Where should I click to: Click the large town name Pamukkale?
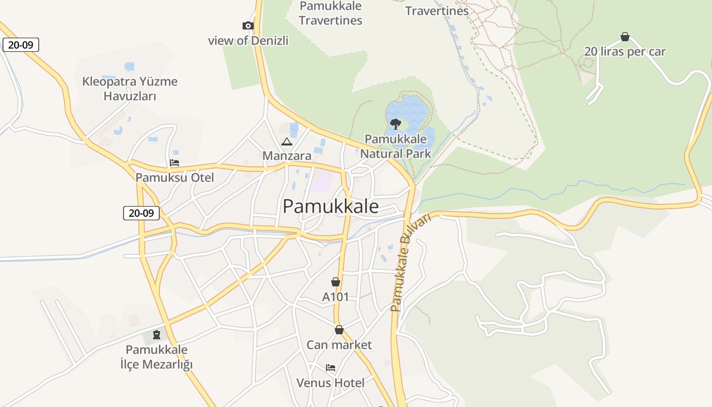pyautogui.click(x=331, y=206)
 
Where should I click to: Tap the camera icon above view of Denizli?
pyautogui.click(x=248, y=26)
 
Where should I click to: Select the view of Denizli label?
pyautogui.click(x=248, y=41)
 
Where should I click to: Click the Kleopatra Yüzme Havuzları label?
pyautogui.click(x=130, y=89)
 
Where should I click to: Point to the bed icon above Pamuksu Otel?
pyautogui.click(x=174, y=163)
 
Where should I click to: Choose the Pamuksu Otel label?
pyautogui.click(x=174, y=178)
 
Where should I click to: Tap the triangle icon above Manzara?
pyautogui.click(x=286, y=141)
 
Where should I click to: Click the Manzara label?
pyautogui.click(x=287, y=156)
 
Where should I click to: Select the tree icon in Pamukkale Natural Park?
pyautogui.click(x=395, y=124)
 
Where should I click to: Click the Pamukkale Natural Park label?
pyautogui.click(x=396, y=146)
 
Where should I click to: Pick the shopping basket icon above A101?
pyautogui.click(x=336, y=282)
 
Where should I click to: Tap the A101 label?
pyautogui.click(x=336, y=297)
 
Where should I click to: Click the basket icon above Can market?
pyautogui.click(x=339, y=330)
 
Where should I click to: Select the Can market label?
pyautogui.click(x=339, y=345)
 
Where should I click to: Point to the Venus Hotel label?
pyautogui.click(x=331, y=383)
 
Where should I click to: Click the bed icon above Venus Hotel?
pyautogui.click(x=331, y=368)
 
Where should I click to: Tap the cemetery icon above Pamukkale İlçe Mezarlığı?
pyautogui.click(x=157, y=335)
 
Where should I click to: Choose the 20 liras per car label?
pyautogui.click(x=625, y=51)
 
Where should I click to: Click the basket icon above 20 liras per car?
pyautogui.click(x=625, y=37)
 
